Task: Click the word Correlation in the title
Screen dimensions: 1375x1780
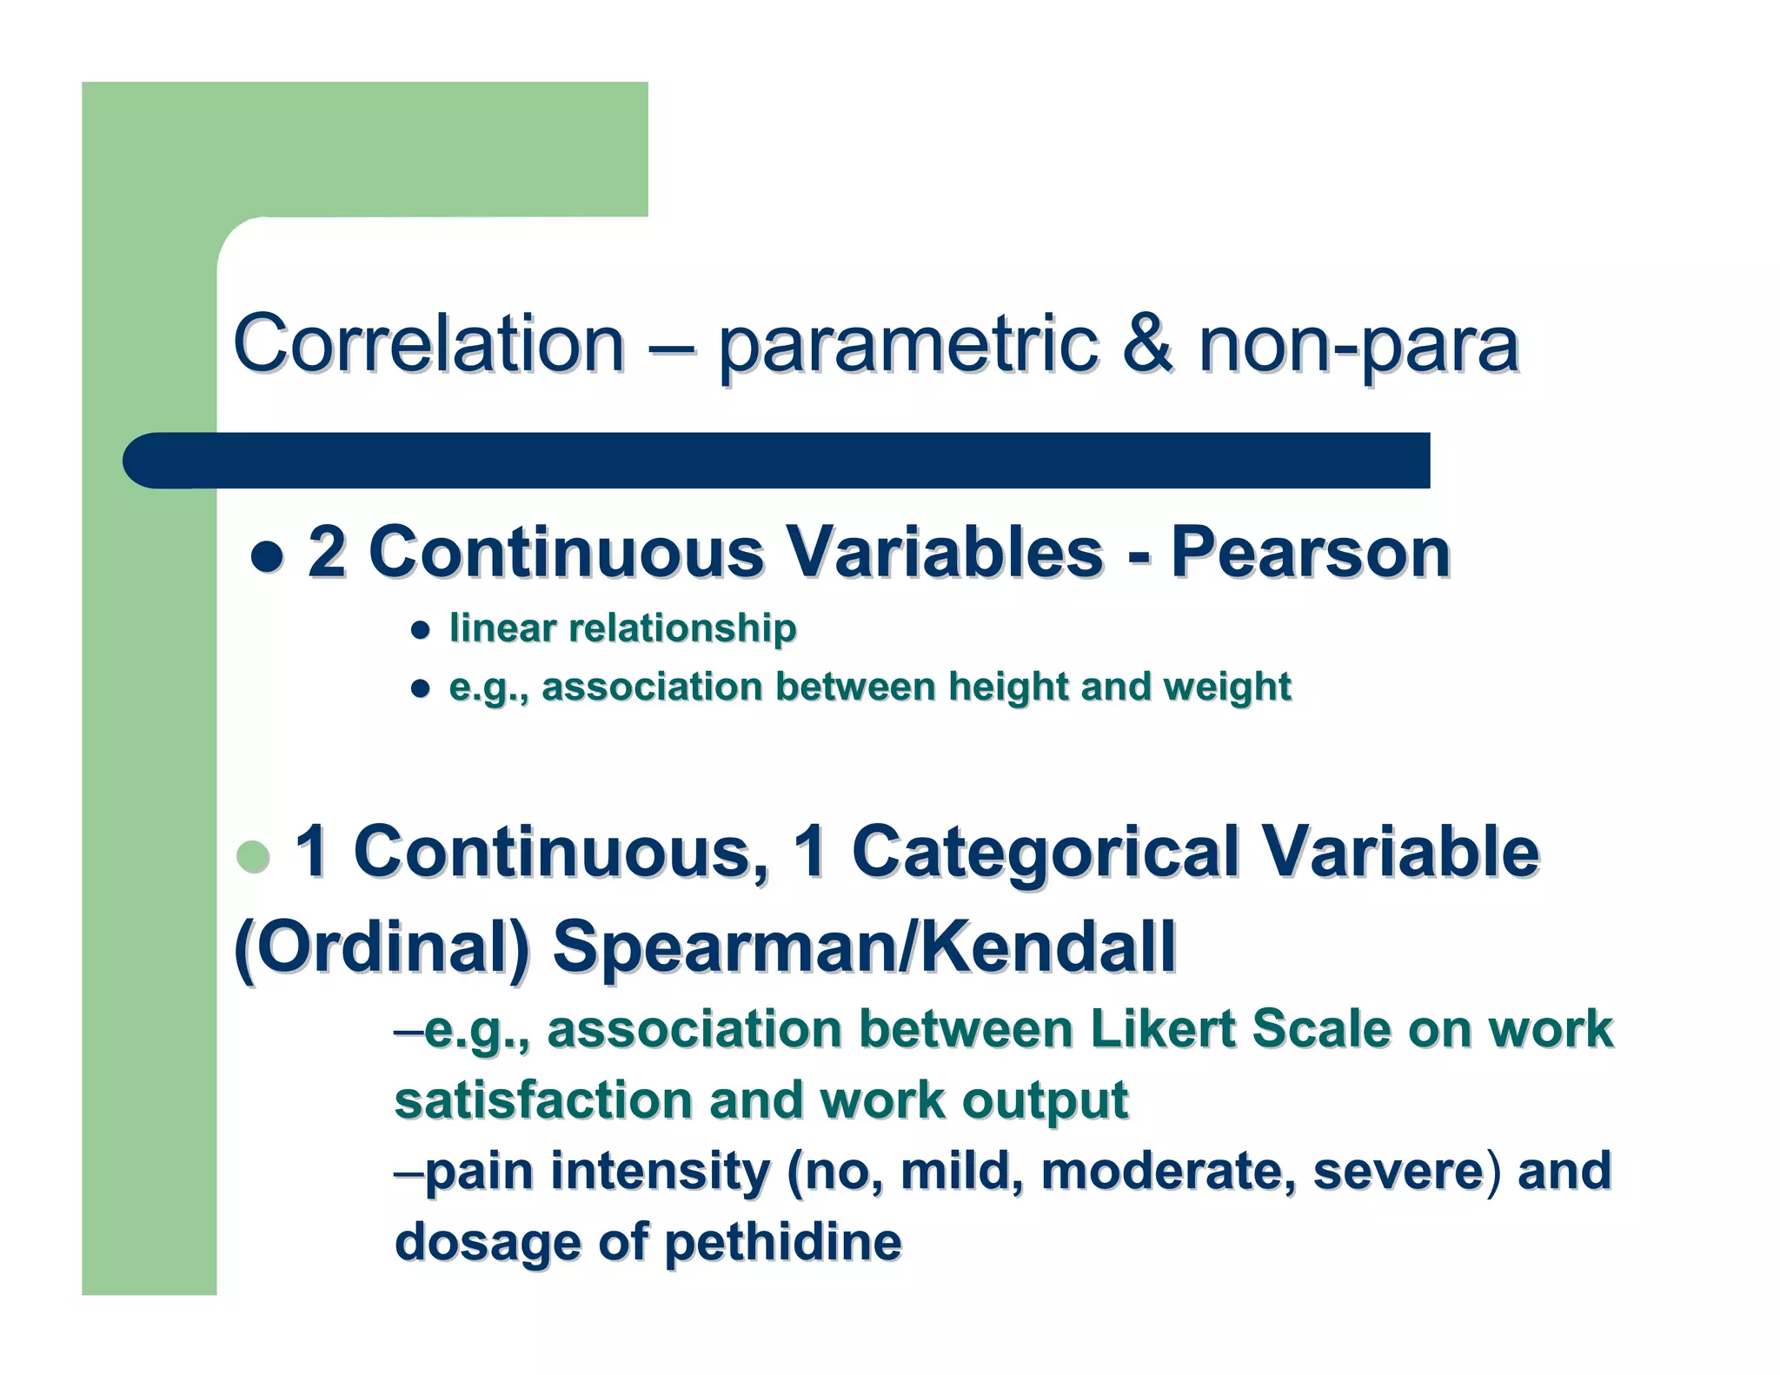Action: pyautogui.click(x=428, y=344)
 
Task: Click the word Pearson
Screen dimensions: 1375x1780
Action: pyautogui.click(x=1311, y=553)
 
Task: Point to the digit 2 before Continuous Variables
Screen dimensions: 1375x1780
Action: pyautogui.click(x=327, y=553)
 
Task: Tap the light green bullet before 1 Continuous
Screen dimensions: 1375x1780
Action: pyautogui.click(x=254, y=856)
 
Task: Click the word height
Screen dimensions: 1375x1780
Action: pyautogui.click(x=1008, y=687)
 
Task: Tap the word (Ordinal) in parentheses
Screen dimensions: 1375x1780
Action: pyautogui.click(x=382, y=947)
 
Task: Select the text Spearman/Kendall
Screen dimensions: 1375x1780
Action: pyautogui.click(x=864, y=947)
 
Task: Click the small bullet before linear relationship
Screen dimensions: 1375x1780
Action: pyautogui.click(x=421, y=630)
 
